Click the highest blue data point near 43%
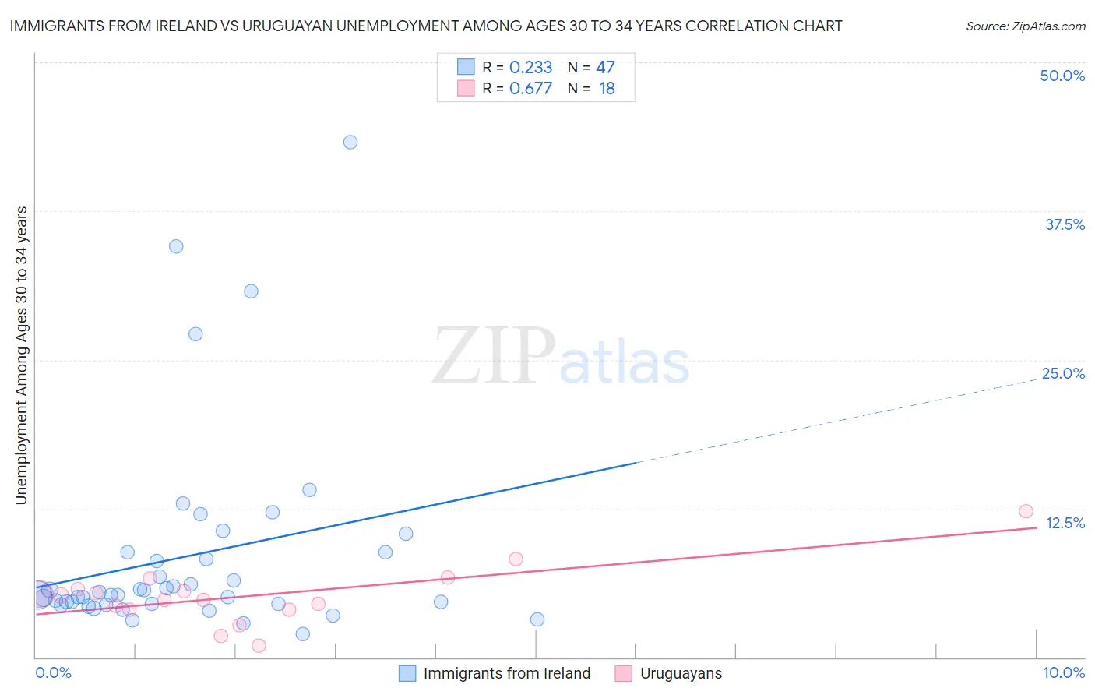pyautogui.click(x=350, y=142)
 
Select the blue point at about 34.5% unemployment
pyautogui.click(x=176, y=246)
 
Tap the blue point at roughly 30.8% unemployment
pyautogui.click(x=251, y=291)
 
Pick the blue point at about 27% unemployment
pyautogui.click(x=195, y=334)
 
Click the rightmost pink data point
pyautogui.click(x=1026, y=511)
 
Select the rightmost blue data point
pyautogui.click(x=537, y=619)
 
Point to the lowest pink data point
pyautogui.click(x=259, y=645)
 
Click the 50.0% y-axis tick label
pyautogui.click(x=1062, y=76)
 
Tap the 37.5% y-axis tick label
pyautogui.click(x=1065, y=224)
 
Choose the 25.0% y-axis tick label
pyautogui.click(x=1063, y=373)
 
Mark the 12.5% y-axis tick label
pyautogui.click(x=1065, y=523)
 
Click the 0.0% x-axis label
pyautogui.click(x=54, y=672)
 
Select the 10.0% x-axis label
pyautogui.click(x=1063, y=672)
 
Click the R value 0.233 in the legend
pyautogui.click(x=530, y=68)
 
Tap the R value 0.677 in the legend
pyautogui.click(x=530, y=89)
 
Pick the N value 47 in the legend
pyautogui.click(x=605, y=68)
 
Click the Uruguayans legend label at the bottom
pyautogui.click(x=681, y=673)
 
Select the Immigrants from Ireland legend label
pyautogui.click(x=506, y=673)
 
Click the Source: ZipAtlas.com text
pyautogui.click(x=1025, y=26)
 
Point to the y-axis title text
pyautogui.click(x=22, y=355)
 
